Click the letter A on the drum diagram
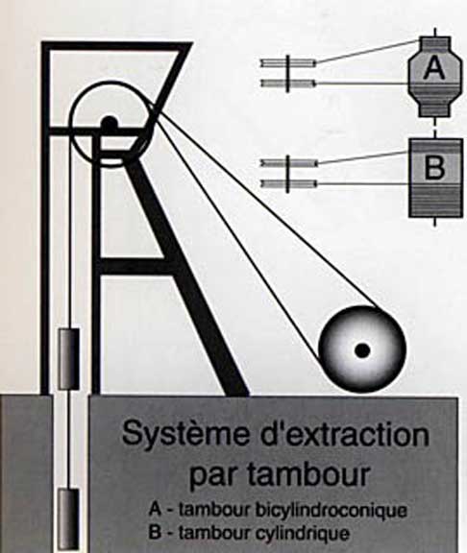coord(434,68)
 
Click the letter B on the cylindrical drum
coord(435,166)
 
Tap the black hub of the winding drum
coord(362,350)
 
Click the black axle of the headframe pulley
coord(110,124)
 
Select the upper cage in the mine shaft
coord(69,359)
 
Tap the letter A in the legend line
coord(156,510)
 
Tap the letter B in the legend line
coord(155,532)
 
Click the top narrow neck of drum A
coord(434,45)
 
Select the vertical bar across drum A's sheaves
coord(287,73)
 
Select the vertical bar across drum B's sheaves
coord(287,174)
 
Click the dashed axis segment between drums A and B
coord(435,128)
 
